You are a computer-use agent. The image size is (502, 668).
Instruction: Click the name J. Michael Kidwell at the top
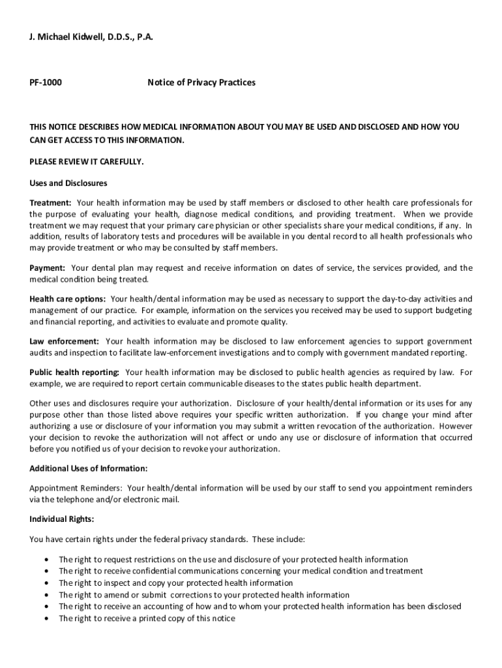pyautogui.click(x=91, y=38)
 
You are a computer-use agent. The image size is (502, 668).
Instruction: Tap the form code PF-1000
pyautogui.click(x=46, y=82)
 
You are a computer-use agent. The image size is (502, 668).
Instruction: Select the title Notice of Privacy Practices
pyautogui.click(x=201, y=82)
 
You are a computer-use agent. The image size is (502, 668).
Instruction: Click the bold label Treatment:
pyautogui.click(x=51, y=203)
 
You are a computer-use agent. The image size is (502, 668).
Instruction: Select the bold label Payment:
pyautogui.click(x=48, y=268)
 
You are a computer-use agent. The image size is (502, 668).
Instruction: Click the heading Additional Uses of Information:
pyautogui.click(x=89, y=468)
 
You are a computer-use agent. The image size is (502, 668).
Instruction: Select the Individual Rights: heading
pyautogui.click(x=62, y=519)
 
